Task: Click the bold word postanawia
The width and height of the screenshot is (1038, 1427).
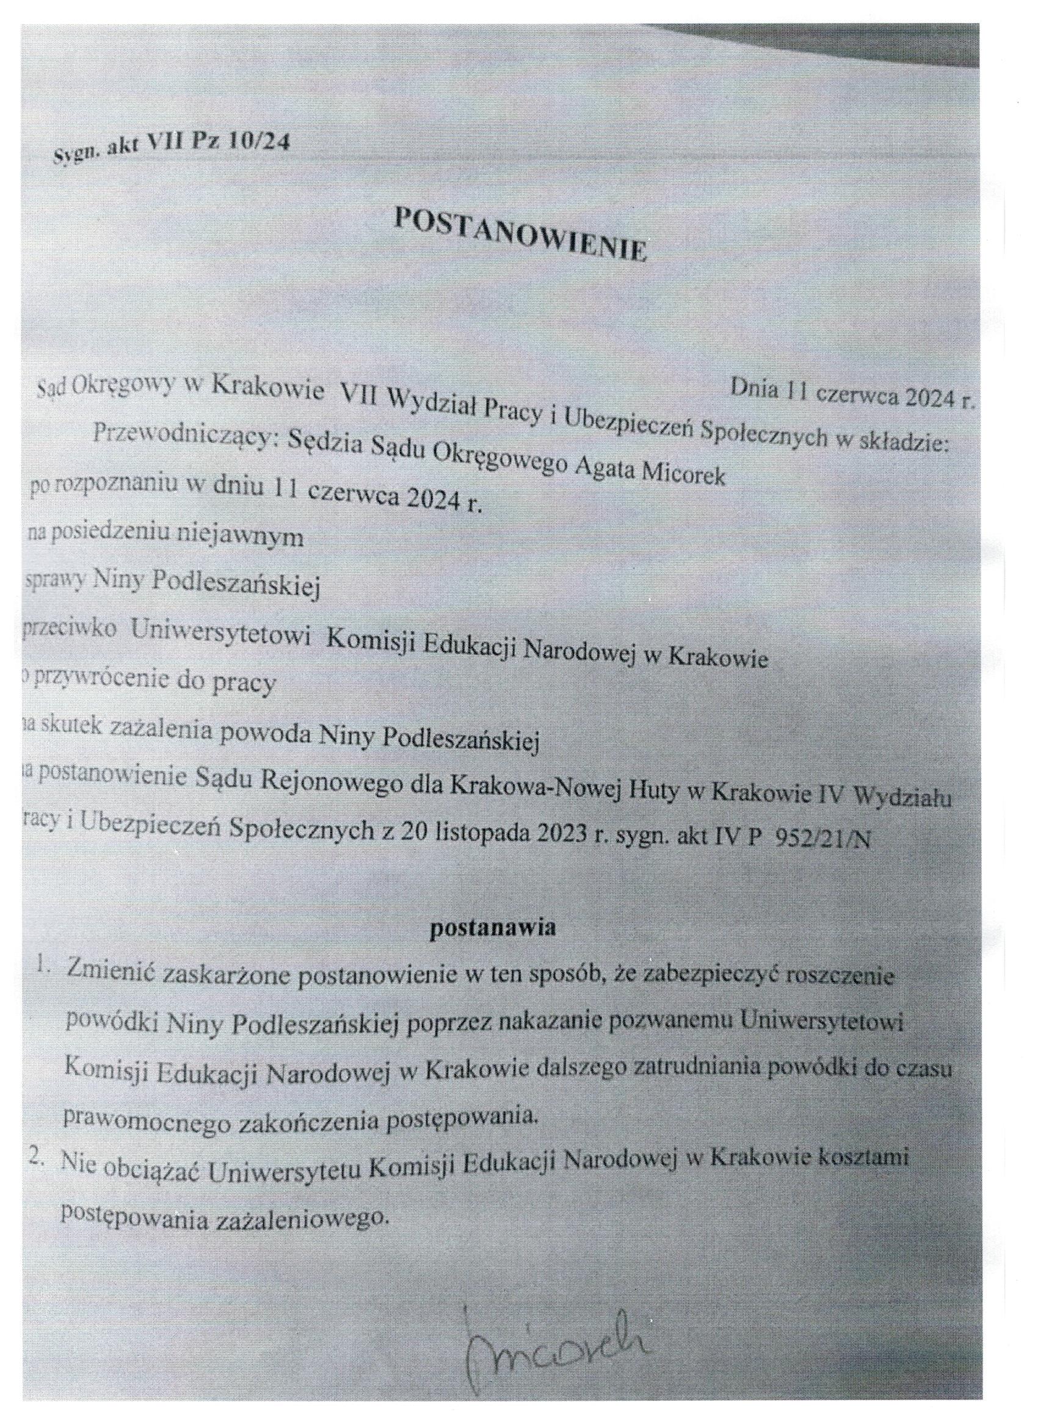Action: click(x=492, y=929)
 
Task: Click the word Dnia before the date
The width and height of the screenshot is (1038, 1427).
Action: click(x=751, y=388)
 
